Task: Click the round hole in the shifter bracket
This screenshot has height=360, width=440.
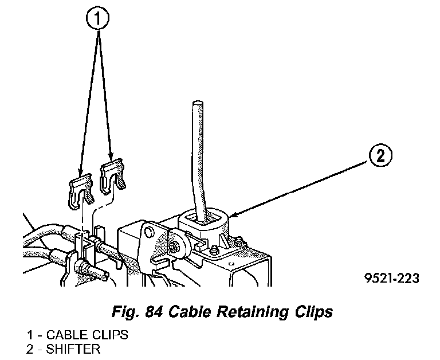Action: (x=151, y=232)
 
